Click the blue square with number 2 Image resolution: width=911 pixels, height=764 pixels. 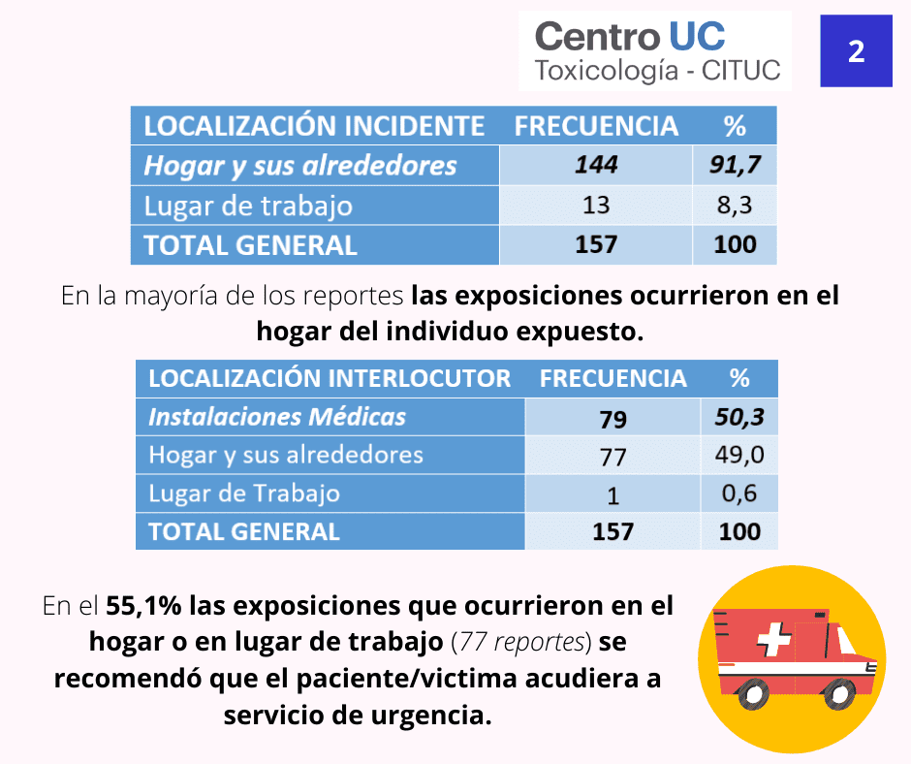pyautogui.click(x=856, y=51)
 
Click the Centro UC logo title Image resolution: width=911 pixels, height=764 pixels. pyautogui.click(x=630, y=36)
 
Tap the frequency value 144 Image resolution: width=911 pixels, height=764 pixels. pyautogui.click(x=596, y=165)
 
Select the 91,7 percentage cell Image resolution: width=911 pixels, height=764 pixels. pyautogui.click(x=735, y=165)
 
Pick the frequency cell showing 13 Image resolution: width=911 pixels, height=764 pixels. pyautogui.click(x=596, y=205)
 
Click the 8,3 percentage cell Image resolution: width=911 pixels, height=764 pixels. pyautogui.click(x=735, y=205)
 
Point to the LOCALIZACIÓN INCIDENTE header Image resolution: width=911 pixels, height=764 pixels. pyautogui.click(x=314, y=126)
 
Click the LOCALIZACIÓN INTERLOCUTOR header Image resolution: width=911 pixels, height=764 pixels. pyautogui.click(x=330, y=378)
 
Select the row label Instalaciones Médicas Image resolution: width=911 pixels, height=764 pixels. pyautogui.click(x=277, y=417)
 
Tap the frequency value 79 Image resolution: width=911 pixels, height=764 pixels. pyautogui.click(x=613, y=419)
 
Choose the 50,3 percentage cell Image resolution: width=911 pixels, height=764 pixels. pyautogui.click(x=739, y=417)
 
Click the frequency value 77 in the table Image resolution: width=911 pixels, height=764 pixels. pyautogui.click(x=613, y=457)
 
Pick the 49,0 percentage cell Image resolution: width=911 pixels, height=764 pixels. pyautogui.click(x=739, y=455)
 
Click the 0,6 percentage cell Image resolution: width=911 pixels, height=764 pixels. pyautogui.click(x=739, y=493)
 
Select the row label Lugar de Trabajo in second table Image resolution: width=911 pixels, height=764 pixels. pyautogui.click(x=244, y=493)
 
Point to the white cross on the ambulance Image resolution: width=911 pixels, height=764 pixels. pyautogui.click(x=774, y=639)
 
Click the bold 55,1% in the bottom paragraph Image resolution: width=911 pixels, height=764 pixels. pyautogui.click(x=143, y=606)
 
